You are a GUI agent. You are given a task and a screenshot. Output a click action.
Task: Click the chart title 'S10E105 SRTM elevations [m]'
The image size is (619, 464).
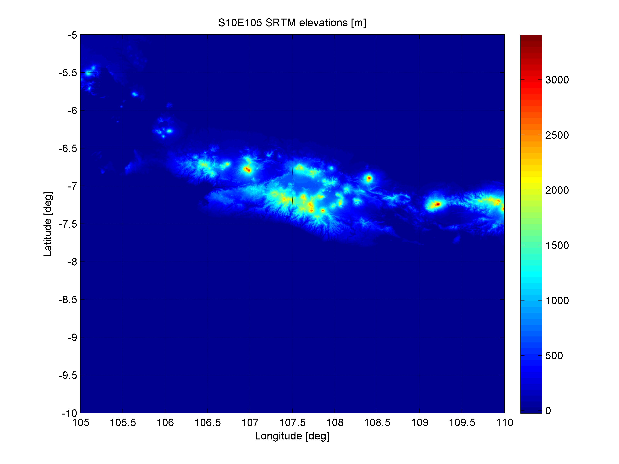tap(292, 23)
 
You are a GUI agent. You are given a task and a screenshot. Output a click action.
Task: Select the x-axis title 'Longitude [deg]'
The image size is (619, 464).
tap(292, 436)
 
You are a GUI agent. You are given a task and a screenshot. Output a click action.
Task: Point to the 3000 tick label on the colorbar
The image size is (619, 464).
tap(557, 80)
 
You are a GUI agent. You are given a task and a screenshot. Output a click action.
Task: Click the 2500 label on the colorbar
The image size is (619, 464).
tap(557, 135)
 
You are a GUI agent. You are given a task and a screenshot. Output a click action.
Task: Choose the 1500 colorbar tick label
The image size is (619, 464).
tap(557, 245)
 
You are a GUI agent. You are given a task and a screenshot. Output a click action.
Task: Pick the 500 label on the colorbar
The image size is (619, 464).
tap(554, 356)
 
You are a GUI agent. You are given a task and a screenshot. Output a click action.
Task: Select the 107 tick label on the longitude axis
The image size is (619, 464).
tap(250, 423)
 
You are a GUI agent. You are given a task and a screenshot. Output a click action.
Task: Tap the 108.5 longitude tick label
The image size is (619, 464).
tap(377, 423)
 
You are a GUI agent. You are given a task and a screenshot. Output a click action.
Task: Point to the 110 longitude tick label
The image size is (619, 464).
tap(504, 423)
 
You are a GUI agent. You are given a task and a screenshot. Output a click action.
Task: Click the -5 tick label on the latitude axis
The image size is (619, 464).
tap(72, 35)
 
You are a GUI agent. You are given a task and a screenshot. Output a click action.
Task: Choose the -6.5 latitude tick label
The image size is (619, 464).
tap(68, 149)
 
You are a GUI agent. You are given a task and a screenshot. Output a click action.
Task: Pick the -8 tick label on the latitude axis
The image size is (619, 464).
tap(72, 262)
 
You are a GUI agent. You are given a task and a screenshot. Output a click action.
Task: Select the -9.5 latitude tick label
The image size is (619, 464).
tap(68, 375)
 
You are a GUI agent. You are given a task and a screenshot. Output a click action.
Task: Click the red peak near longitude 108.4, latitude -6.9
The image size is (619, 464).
tap(369, 178)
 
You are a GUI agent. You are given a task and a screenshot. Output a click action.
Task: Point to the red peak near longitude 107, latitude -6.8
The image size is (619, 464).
tap(247, 169)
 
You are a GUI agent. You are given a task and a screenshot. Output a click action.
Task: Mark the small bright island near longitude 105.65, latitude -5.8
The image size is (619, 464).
tap(135, 94)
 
